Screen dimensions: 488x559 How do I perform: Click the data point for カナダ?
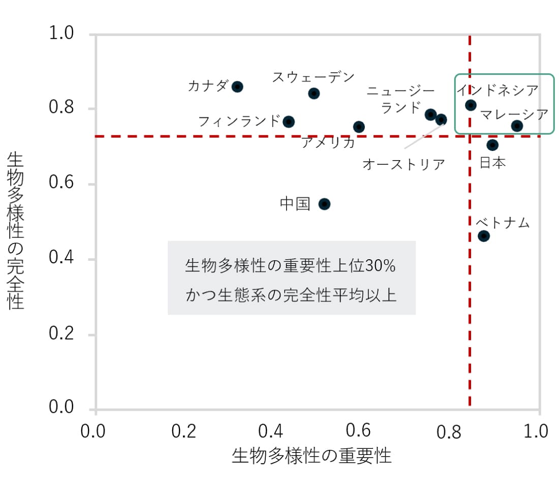coord(237,86)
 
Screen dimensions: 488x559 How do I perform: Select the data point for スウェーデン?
coord(314,93)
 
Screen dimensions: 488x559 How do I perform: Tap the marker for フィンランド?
coord(289,121)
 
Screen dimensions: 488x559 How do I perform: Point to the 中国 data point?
coord(324,204)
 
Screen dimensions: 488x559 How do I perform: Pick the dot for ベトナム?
coord(484,236)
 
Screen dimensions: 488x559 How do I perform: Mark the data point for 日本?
coord(492,145)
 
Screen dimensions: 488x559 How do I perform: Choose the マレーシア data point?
coord(517,126)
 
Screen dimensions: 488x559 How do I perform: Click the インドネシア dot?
coord(471,105)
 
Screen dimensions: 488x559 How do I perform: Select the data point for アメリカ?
coord(359,127)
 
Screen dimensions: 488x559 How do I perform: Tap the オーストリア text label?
coord(403,165)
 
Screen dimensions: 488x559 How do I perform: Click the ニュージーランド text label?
coord(401,99)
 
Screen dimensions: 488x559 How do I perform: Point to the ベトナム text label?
coord(503,223)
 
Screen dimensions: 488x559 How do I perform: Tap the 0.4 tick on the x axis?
coord(272,432)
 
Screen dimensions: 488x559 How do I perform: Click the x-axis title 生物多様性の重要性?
coord(312,456)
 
